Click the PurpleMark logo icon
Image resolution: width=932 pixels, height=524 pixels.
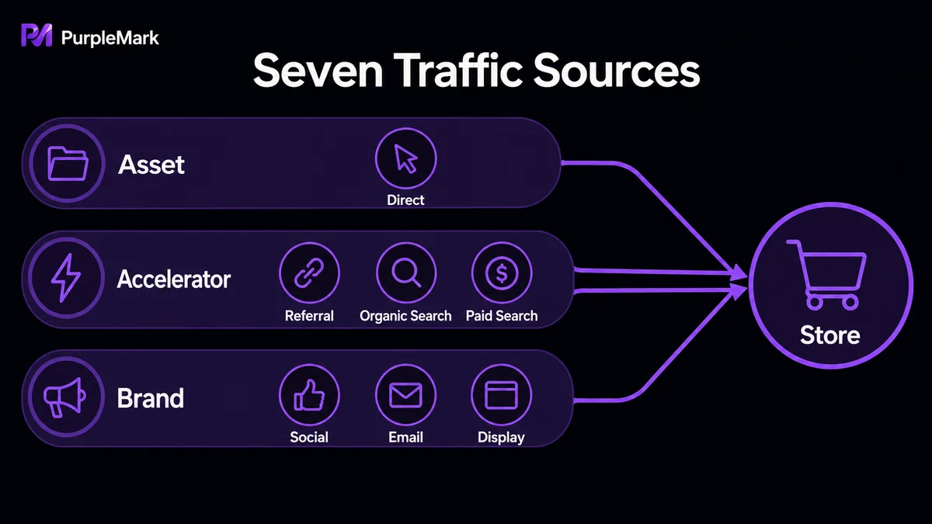[x=37, y=36]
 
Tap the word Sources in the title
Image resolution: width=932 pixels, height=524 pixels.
[x=617, y=71]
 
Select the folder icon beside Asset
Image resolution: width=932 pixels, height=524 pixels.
[x=68, y=164]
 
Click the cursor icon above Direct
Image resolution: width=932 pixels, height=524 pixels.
[x=405, y=158]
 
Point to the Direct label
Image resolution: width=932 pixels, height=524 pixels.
[x=405, y=200]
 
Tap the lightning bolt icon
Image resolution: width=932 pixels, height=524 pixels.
[x=66, y=277]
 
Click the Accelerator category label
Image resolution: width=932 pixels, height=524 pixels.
[x=174, y=279]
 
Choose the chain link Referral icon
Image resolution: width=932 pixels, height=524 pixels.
[x=309, y=272]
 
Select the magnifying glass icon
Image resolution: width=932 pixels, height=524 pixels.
[x=406, y=272]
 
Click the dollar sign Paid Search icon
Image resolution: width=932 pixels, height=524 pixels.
[x=502, y=272]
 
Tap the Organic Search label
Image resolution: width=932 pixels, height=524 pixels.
[x=405, y=316]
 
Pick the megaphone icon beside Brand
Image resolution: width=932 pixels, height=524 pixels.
[x=65, y=397]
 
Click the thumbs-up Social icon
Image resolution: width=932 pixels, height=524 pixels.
[x=309, y=395]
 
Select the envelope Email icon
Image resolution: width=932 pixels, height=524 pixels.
[x=405, y=395]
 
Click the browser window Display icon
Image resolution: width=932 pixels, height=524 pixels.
[x=502, y=395]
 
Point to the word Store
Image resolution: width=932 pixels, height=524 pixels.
[x=830, y=335]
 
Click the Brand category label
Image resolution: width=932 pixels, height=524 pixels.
[x=150, y=398]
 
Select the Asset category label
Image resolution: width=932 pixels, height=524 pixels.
[x=151, y=165]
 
